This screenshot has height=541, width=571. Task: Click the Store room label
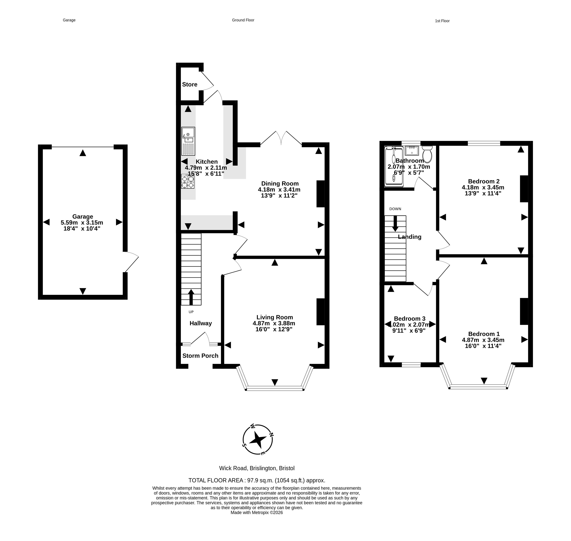(190, 85)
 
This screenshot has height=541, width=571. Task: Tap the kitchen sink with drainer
(188, 141)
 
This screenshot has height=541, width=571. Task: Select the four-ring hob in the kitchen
(188, 181)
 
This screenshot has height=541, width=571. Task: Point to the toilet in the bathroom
(427, 154)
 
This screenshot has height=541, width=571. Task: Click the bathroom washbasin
(412, 151)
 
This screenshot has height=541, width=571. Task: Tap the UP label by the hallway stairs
(191, 312)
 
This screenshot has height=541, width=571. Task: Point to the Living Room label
(275, 317)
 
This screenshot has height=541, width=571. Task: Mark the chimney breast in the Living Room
(321, 312)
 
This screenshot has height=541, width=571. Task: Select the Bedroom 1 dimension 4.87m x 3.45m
(483, 340)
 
